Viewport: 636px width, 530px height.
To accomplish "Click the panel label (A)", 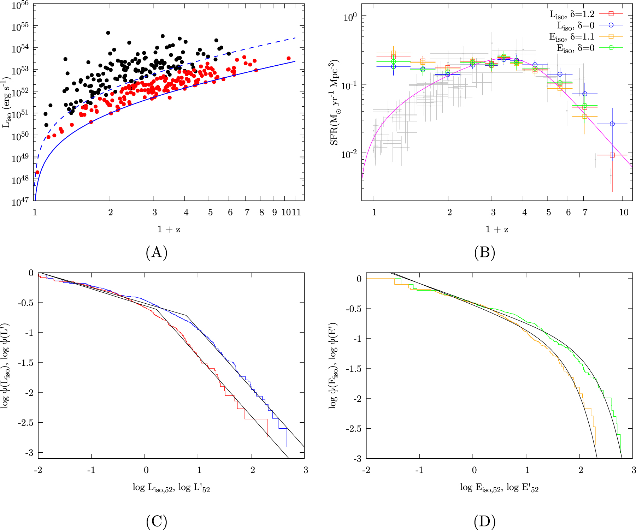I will (156, 252).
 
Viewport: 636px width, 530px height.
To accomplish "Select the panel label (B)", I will (484, 252).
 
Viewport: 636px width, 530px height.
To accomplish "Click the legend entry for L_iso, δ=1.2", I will (572, 14).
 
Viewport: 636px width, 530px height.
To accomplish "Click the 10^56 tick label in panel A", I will (20, 5).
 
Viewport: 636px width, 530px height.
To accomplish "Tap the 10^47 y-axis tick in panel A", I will (20, 202).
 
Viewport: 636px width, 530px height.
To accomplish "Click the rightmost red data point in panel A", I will (289, 58).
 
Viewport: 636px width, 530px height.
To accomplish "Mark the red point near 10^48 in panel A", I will (37, 172).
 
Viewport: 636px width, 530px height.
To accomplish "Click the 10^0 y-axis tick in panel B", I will (350, 17).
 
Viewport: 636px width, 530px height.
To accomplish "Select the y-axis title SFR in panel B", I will (334, 102).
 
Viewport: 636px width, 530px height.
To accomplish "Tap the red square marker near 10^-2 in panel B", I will (612, 155).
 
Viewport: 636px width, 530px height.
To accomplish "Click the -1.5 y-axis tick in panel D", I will (354, 369).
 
